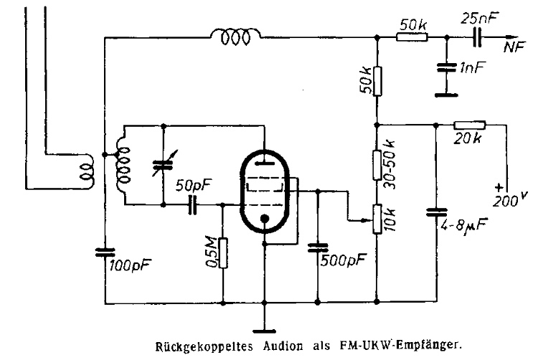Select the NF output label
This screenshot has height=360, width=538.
coord(513,48)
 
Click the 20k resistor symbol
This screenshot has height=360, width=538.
coord(469,124)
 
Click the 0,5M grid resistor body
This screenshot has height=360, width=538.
coord(222,252)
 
